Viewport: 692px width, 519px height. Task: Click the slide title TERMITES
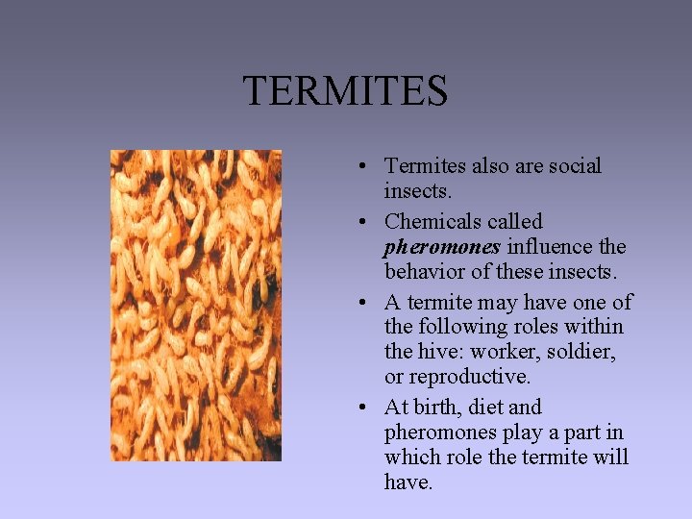345,91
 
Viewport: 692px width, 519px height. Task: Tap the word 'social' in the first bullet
574,166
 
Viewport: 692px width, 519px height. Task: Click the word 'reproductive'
469,377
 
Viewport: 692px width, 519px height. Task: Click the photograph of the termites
195,305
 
